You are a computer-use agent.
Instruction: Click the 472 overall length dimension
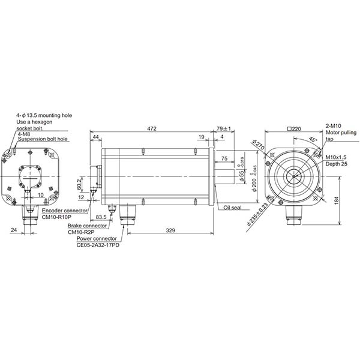152,128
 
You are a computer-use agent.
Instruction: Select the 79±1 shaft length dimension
223,128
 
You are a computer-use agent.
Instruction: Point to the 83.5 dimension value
101,217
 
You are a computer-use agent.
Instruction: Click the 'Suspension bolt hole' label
43,139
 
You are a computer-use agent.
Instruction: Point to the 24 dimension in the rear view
13,229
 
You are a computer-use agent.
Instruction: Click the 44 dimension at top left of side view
96,137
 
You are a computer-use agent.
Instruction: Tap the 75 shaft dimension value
224,158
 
